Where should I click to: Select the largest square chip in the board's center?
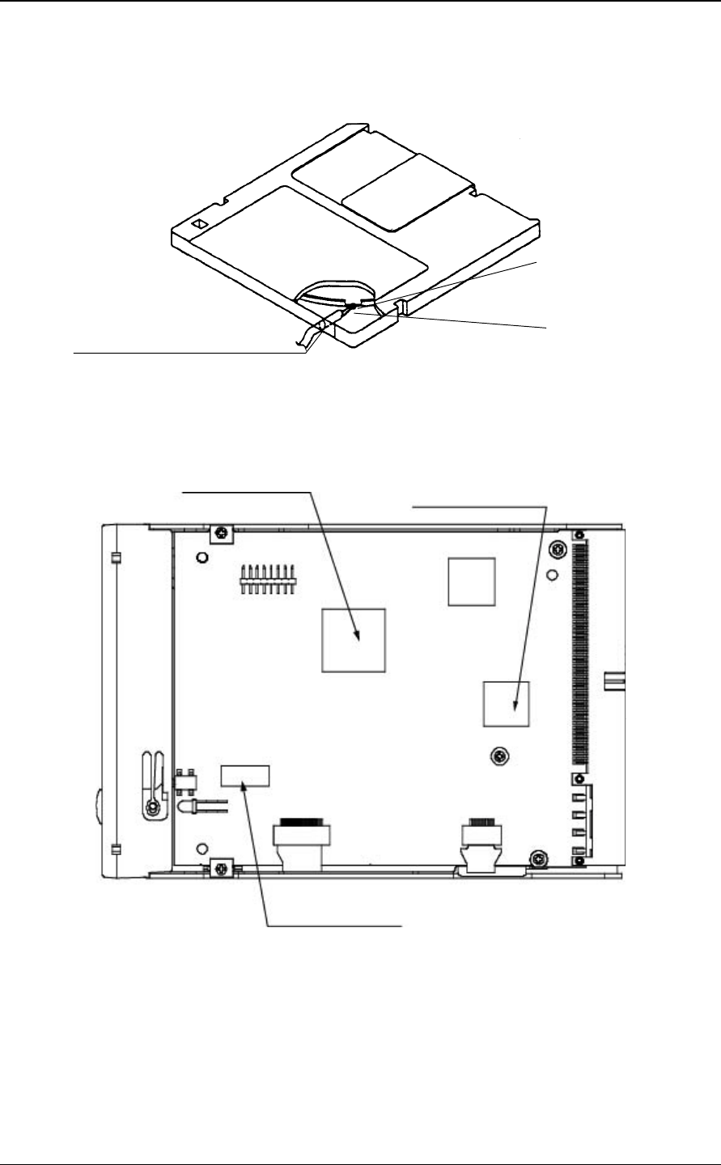point(354,640)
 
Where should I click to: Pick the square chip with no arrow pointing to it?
point(471,581)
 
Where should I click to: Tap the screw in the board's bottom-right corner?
point(537,857)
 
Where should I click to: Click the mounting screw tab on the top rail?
point(219,533)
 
